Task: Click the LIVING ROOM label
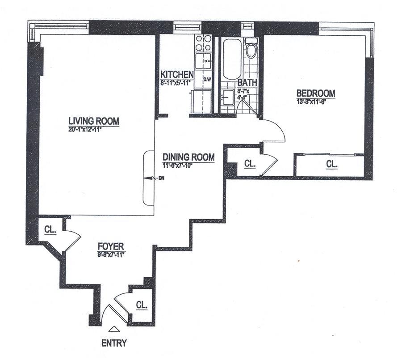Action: tap(94, 121)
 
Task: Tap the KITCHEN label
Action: tap(177, 74)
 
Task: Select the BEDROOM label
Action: tap(316, 93)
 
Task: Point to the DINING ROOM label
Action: tap(188, 157)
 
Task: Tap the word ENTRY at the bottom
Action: tap(114, 343)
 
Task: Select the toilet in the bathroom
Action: tap(251, 48)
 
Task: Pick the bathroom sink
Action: tap(228, 97)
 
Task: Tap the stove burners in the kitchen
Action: tap(203, 43)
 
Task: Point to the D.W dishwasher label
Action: tap(207, 80)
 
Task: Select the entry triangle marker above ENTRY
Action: tap(114, 329)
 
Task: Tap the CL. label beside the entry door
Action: tap(142, 305)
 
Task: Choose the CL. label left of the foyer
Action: tap(50, 230)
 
